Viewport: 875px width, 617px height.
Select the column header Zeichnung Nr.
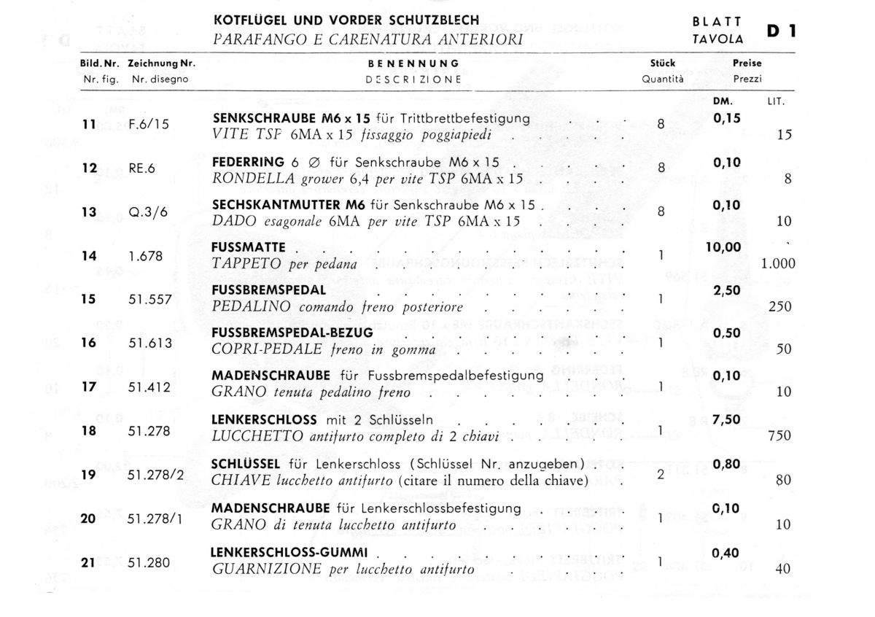tap(161, 63)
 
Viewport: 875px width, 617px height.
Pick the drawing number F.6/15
tap(148, 124)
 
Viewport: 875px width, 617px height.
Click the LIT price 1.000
tap(777, 265)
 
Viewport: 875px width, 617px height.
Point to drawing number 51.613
tap(149, 343)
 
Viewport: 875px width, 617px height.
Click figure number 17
tap(90, 387)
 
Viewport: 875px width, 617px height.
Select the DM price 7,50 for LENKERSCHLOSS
tap(725, 420)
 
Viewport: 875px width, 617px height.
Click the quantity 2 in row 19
tap(661, 474)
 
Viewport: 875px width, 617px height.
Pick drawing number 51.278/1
tap(155, 518)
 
